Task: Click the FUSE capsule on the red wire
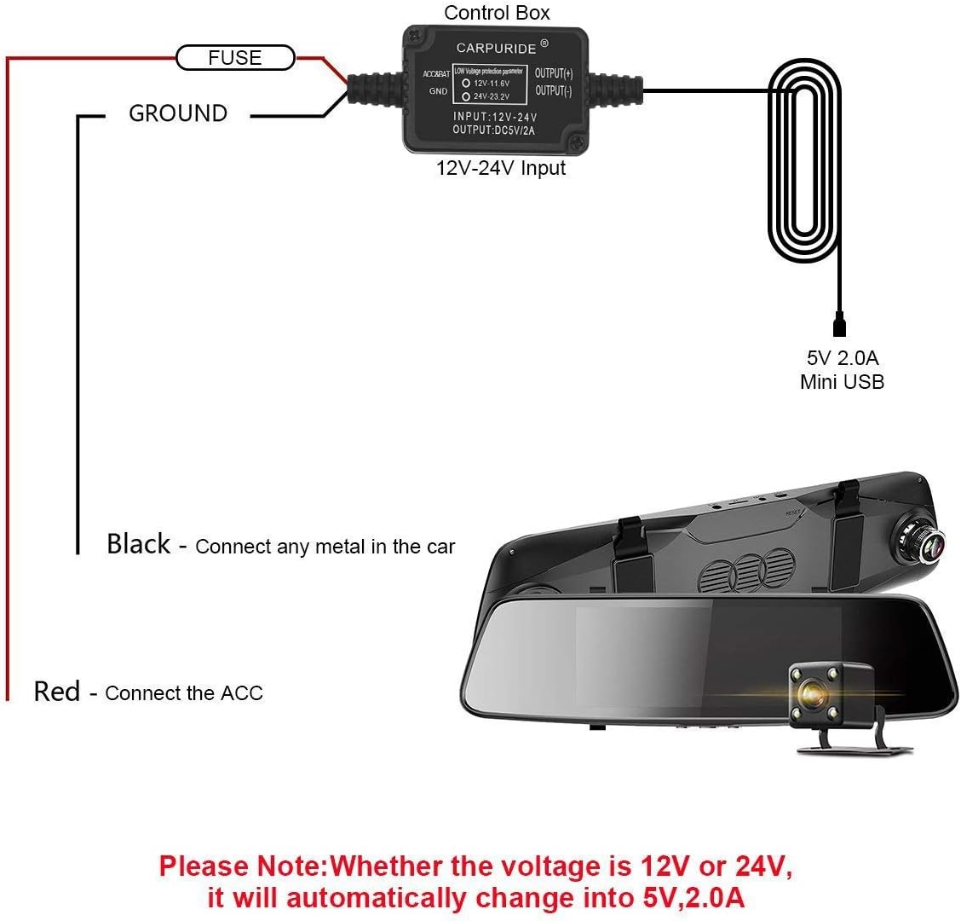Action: click(x=235, y=58)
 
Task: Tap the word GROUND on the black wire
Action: click(x=178, y=113)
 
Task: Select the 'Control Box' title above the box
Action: click(x=498, y=12)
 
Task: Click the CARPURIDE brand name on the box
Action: click(x=497, y=48)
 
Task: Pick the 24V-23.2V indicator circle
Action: click(x=466, y=98)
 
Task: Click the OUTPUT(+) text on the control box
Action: click(x=554, y=73)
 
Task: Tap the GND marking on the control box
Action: click(x=438, y=91)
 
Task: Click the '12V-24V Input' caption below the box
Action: click(x=501, y=168)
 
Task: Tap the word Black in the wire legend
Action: click(x=138, y=544)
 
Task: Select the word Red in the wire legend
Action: click(x=56, y=691)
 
